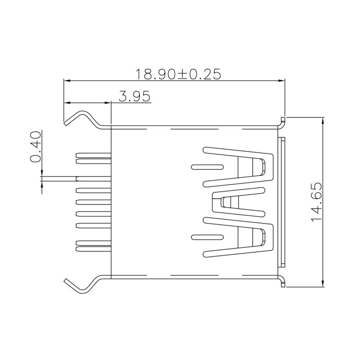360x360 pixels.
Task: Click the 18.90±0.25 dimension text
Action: coord(179,74)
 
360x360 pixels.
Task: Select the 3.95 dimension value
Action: coord(135,96)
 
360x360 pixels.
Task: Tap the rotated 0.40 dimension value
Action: coord(36,146)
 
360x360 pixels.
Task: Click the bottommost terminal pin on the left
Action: coord(94,245)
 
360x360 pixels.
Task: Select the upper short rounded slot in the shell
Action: coord(207,167)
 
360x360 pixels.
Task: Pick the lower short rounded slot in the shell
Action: coord(207,237)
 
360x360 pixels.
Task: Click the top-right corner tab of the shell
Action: coord(283,121)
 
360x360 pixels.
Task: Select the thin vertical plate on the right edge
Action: coord(283,202)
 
